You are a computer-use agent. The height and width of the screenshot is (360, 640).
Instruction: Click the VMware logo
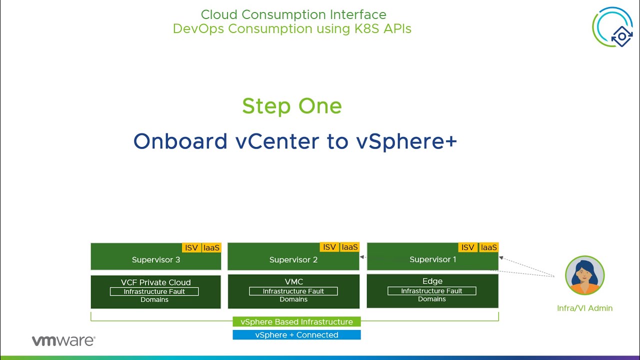coord(63,341)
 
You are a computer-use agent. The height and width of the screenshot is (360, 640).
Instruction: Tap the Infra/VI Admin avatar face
coord(584,275)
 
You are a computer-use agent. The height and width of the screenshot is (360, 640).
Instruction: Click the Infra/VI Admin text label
coord(584,308)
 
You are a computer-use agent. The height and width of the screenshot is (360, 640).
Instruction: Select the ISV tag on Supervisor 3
coord(191,247)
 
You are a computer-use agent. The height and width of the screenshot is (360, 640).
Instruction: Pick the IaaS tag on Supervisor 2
coord(349,247)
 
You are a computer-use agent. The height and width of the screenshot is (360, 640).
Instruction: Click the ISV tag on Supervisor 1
coord(467,247)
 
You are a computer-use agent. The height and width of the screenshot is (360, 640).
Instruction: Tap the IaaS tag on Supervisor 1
coord(489,247)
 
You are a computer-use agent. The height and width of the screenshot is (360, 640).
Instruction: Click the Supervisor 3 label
coord(156,259)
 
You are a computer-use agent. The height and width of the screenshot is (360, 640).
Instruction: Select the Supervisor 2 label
coord(293,259)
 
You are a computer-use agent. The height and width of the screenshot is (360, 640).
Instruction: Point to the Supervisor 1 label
coord(433,259)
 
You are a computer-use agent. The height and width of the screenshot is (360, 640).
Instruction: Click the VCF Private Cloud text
coord(155,282)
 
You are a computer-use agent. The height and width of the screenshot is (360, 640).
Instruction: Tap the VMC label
coord(293,281)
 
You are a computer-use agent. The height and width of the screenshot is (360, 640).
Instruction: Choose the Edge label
coord(432,281)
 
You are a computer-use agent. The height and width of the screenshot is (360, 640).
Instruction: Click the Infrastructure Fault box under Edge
coord(431,291)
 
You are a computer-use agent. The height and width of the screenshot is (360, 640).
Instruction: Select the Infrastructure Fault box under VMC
coord(293,291)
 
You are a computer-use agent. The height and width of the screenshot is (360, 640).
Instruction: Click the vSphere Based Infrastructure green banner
coord(296,321)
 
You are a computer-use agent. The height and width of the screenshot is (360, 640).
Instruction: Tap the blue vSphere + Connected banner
coord(296,335)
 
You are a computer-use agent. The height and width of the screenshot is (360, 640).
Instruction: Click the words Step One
coord(292,106)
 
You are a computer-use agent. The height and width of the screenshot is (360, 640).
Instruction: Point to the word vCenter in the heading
coord(277,141)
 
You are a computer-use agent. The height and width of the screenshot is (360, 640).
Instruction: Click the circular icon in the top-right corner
coord(612,27)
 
